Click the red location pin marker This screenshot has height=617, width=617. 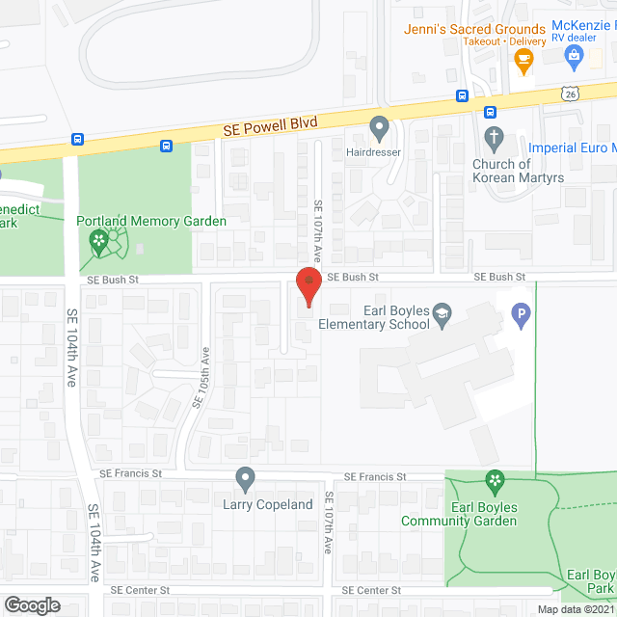pyautogui.click(x=308, y=286)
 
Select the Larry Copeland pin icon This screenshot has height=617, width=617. pyautogui.click(x=246, y=478)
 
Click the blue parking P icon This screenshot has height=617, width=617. pyautogui.click(x=521, y=313)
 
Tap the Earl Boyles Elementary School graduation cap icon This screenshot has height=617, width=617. pyautogui.click(x=442, y=311)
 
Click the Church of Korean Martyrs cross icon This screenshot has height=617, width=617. pyautogui.click(x=494, y=137)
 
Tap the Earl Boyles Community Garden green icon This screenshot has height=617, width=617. pyautogui.click(x=495, y=480)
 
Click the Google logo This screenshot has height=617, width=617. pyautogui.click(x=31, y=604)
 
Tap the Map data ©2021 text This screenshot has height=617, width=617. pyautogui.click(x=576, y=609)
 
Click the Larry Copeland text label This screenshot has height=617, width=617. pyautogui.click(x=268, y=504)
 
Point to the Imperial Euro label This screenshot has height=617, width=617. pyautogui.click(x=573, y=148)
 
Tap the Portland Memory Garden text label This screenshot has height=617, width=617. pyautogui.click(x=151, y=221)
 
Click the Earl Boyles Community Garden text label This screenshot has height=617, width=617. pyautogui.click(x=472, y=515)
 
